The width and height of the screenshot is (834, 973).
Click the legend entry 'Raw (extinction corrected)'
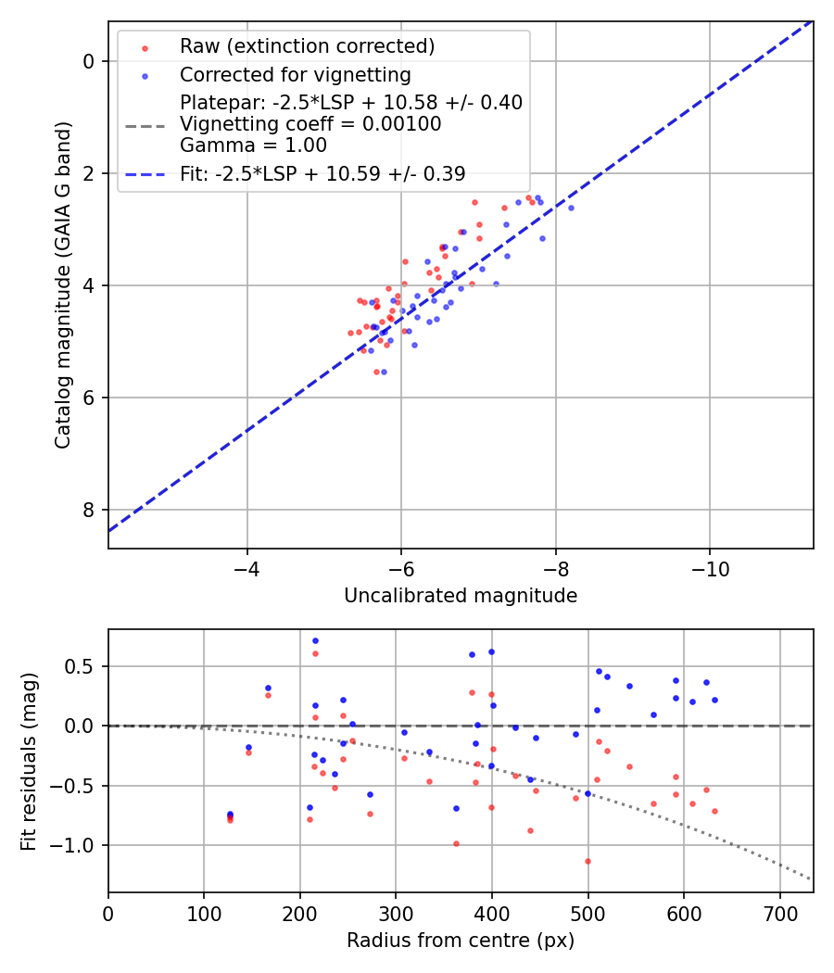307,46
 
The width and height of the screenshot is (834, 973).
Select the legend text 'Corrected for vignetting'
295,74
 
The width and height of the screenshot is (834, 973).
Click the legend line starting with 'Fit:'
322,173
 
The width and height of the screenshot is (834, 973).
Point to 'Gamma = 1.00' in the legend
253,145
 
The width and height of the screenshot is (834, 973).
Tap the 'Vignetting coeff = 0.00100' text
310,123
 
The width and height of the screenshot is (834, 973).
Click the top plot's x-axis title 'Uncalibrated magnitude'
461,596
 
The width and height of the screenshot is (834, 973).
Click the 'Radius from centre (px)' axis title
461,941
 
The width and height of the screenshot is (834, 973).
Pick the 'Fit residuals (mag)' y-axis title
29,761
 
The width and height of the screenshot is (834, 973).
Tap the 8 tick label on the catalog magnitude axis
89,510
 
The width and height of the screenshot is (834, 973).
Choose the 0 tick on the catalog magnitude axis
89,61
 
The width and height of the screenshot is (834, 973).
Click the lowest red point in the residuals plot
588,861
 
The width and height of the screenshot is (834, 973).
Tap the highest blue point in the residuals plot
315,640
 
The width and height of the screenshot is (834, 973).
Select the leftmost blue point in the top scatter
371,350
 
